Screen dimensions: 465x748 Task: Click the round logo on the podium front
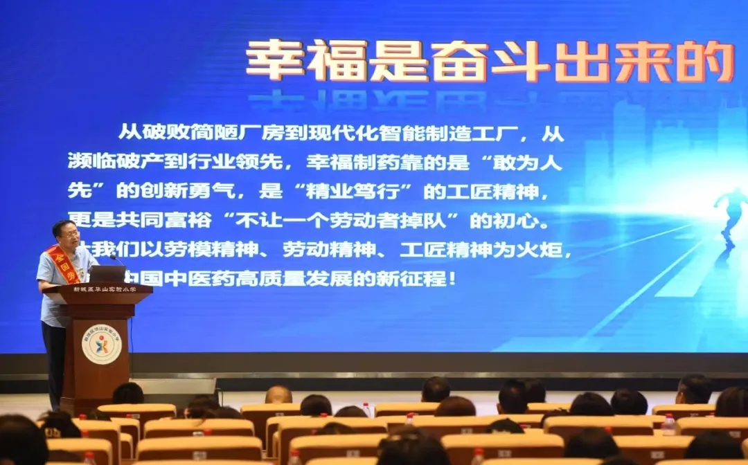pos(101,345)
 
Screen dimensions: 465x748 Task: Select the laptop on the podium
pos(108,273)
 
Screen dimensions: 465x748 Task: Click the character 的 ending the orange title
pos(705,61)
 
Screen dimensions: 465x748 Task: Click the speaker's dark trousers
pos(54,360)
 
